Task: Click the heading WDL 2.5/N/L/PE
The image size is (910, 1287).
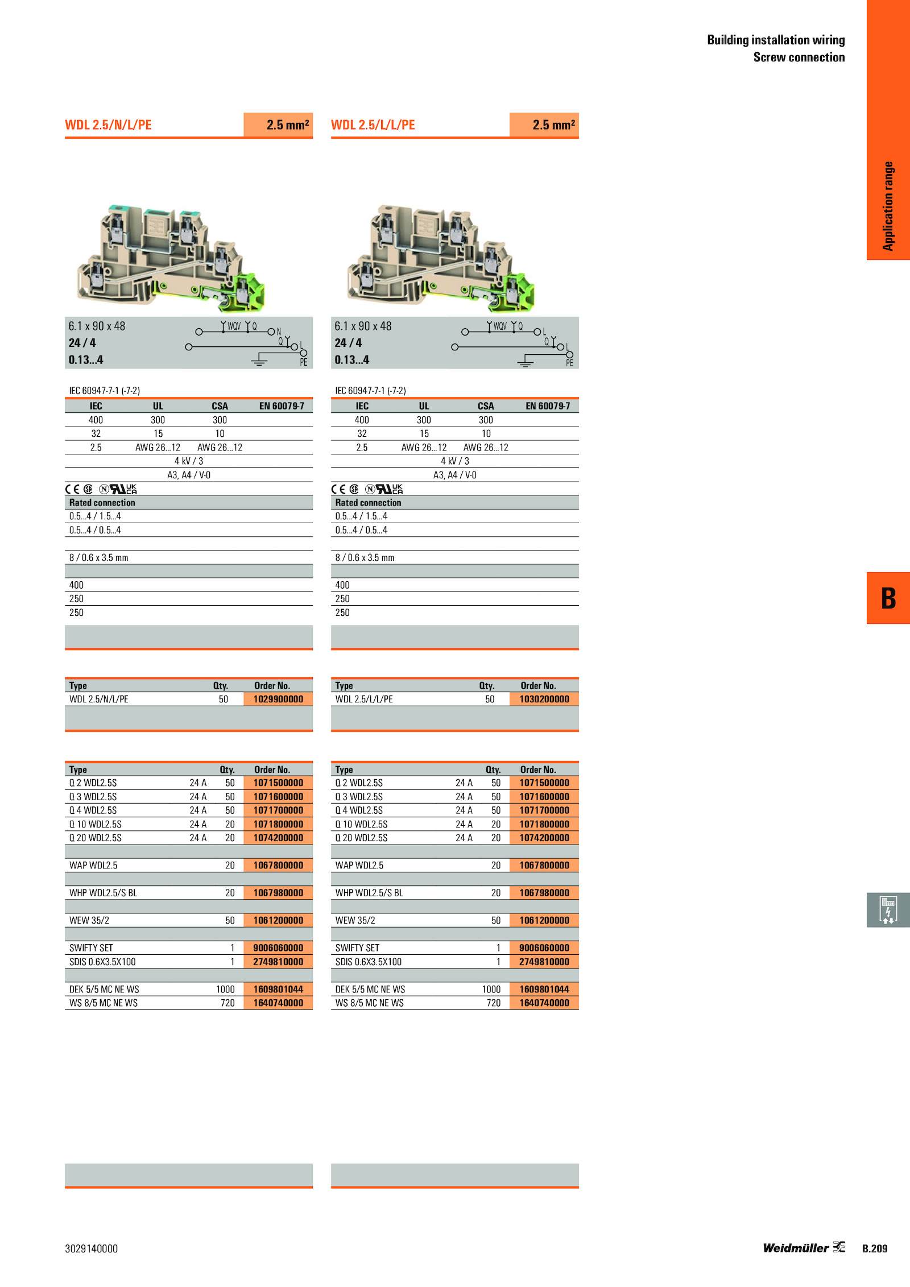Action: coord(108,125)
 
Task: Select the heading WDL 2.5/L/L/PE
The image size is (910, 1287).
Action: coord(373,125)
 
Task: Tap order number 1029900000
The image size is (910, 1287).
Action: coord(278,699)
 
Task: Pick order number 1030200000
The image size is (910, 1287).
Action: coord(544,699)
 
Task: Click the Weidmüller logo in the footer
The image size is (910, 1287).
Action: coord(804,1248)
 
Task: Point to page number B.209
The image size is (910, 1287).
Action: coord(874,1249)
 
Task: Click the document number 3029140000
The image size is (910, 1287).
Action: coord(91,1249)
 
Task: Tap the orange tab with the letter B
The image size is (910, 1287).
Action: coord(888,598)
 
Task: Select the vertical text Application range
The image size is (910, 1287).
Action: coord(888,206)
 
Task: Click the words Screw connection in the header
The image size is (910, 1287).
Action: coord(799,57)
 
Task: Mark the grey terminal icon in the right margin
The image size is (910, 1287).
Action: coord(888,910)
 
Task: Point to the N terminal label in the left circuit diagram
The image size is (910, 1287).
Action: coord(279,332)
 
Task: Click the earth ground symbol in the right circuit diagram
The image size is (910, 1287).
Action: coord(525,361)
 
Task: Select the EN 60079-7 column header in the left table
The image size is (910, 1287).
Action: coord(282,406)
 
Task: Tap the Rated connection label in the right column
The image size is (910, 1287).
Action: coord(368,503)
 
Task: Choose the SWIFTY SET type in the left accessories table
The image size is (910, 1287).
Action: coord(91,948)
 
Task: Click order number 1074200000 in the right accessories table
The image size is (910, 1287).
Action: coord(544,838)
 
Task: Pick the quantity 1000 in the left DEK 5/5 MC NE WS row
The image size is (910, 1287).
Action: coord(225,990)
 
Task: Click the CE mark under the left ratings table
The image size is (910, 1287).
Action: coord(72,489)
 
